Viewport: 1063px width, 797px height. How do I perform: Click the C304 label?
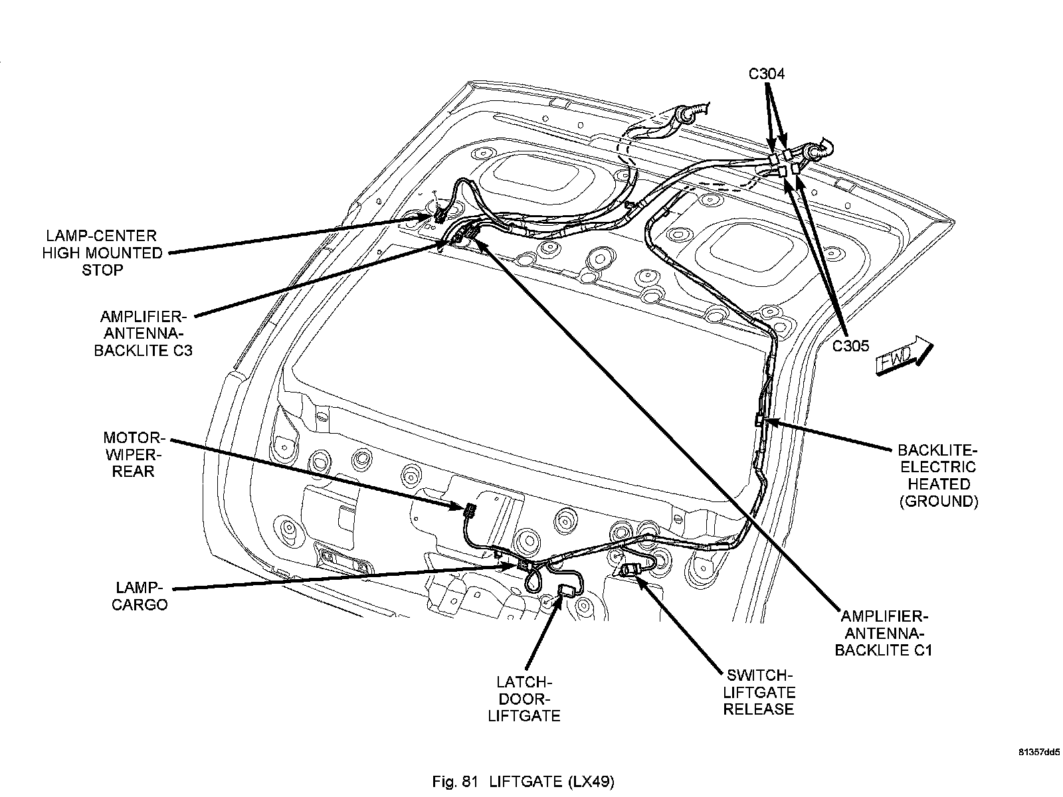(766, 74)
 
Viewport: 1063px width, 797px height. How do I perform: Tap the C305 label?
(851, 346)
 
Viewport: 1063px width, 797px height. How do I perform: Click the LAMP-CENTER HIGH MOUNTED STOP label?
(102, 253)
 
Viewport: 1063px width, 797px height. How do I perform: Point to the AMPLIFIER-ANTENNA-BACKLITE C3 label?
(143, 333)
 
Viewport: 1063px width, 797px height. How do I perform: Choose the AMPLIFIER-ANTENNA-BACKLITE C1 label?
(884, 634)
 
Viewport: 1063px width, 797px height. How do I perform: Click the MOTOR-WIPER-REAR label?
(134, 454)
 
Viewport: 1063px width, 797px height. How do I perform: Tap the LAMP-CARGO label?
(140, 596)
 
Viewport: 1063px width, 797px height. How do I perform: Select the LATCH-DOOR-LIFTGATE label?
(524, 699)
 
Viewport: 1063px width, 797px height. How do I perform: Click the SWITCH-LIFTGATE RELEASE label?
(759, 693)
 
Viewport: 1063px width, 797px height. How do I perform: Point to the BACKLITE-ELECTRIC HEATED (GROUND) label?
(939, 476)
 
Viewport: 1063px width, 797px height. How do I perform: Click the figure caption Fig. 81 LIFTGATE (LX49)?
(523, 782)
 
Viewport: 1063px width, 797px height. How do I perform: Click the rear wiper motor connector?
(469, 511)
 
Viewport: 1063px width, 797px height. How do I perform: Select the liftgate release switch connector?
(630, 570)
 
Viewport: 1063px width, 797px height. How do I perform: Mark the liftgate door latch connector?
(565, 590)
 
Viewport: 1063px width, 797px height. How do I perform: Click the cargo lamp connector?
(524, 565)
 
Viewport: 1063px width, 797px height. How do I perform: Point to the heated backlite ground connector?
(759, 419)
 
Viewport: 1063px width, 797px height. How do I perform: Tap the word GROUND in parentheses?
(939, 501)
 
